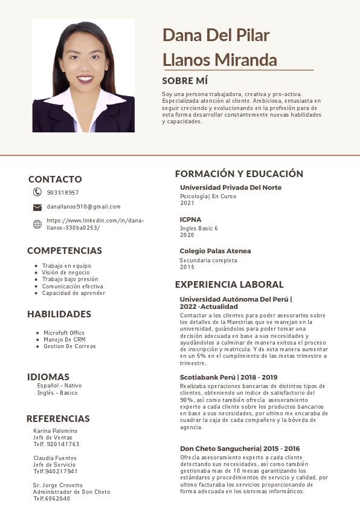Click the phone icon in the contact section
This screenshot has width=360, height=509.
click(x=37, y=192)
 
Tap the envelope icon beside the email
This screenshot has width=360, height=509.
click(x=37, y=207)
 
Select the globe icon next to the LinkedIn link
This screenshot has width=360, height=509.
click(x=37, y=224)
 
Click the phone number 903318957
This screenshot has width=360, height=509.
click(x=63, y=193)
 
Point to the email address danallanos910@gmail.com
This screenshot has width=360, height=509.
click(x=83, y=207)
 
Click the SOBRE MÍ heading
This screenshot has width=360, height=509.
click(x=185, y=80)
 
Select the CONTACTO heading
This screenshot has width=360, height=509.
click(x=55, y=180)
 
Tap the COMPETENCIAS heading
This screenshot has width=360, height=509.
click(x=65, y=251)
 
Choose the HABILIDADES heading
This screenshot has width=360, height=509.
click(x=59, y=314)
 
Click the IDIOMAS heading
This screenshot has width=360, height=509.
click(x=48, y=377)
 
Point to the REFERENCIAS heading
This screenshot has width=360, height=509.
click(x=58, y=419)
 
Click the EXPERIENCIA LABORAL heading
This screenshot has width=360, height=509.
click(x=229, y=285)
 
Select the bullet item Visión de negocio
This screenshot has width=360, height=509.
click(x=66, y=273)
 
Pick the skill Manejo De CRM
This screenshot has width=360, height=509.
click(x=65, y=340)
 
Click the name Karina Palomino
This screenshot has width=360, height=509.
click(x=56, y=431)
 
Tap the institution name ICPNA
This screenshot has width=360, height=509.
click(x=191, y=219)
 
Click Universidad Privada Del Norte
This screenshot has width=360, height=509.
click(x=231, y=187)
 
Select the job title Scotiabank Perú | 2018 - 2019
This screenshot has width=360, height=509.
click(x=228, y=377)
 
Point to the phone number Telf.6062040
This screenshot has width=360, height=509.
click(x=51, y=499)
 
